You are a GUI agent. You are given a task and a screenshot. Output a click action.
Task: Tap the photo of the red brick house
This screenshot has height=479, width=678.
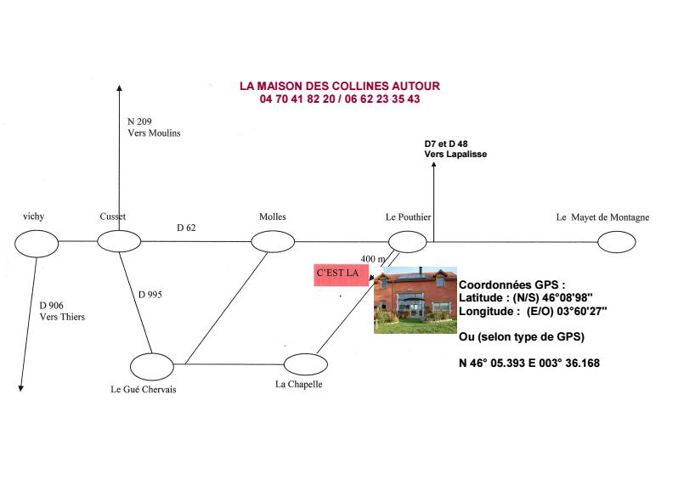(415, 300)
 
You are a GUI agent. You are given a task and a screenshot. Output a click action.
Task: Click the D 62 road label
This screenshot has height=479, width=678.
(186, 228)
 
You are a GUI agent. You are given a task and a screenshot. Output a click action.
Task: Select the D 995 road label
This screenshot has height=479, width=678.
(150, 295)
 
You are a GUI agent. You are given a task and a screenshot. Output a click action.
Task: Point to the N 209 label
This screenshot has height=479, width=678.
(139, 121)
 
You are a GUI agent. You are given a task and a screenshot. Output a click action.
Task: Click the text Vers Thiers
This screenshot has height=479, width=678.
(62, 317)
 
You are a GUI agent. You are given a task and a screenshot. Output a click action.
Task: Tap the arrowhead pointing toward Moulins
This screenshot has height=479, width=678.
(119, 88)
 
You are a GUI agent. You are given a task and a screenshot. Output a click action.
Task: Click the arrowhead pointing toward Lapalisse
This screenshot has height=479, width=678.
(433, 165)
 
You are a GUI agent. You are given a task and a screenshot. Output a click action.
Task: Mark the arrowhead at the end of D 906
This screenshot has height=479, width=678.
(20, 388)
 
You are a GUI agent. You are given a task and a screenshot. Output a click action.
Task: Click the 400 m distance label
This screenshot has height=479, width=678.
(373, 259)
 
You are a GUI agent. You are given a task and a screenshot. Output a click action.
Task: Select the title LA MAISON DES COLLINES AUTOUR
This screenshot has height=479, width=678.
(340, 86)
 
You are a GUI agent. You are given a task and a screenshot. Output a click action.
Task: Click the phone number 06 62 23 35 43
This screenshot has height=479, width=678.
(382, 99)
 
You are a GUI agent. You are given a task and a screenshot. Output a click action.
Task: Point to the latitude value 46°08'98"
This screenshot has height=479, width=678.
(568, 298)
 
